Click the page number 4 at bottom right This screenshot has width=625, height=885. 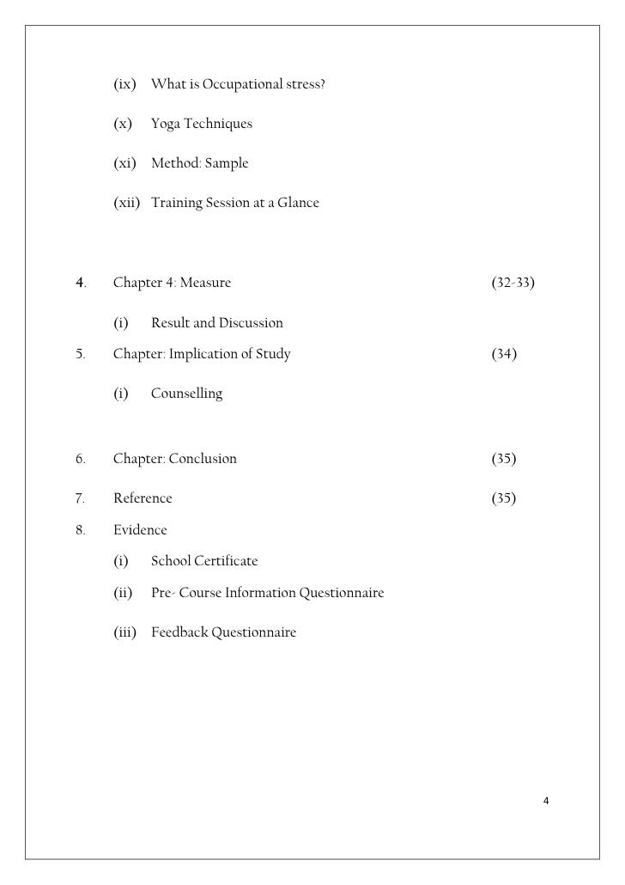[546, 802]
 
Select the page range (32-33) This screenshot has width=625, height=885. [513, 283]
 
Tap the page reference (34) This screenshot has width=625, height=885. [504, 354]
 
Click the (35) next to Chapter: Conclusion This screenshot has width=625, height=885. [504, 459]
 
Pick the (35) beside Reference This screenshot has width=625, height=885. [504, 498]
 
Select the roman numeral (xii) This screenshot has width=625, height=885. [127, 203]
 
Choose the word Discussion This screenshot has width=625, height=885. [251, 323]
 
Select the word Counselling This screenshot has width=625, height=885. [186, 394]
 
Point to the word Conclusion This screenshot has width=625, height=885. [203, 459]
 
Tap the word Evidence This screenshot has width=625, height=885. [140, 530]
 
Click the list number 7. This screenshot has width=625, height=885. [79, 498]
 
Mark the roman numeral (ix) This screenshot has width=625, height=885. [125, 85]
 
